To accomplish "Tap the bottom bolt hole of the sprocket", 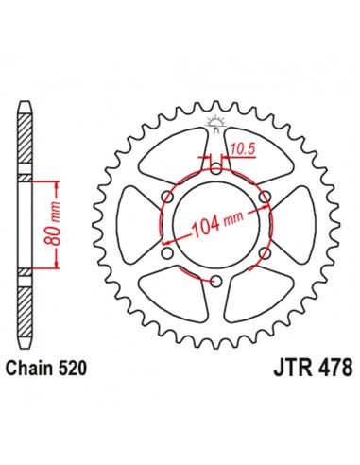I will pos(216,282).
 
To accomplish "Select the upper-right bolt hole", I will pos(266,197).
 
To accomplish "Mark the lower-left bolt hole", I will pos(167,253).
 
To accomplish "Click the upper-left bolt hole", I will pos(167,197).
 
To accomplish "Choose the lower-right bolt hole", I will pos(266,253).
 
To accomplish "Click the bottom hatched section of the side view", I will pos(26,307).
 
